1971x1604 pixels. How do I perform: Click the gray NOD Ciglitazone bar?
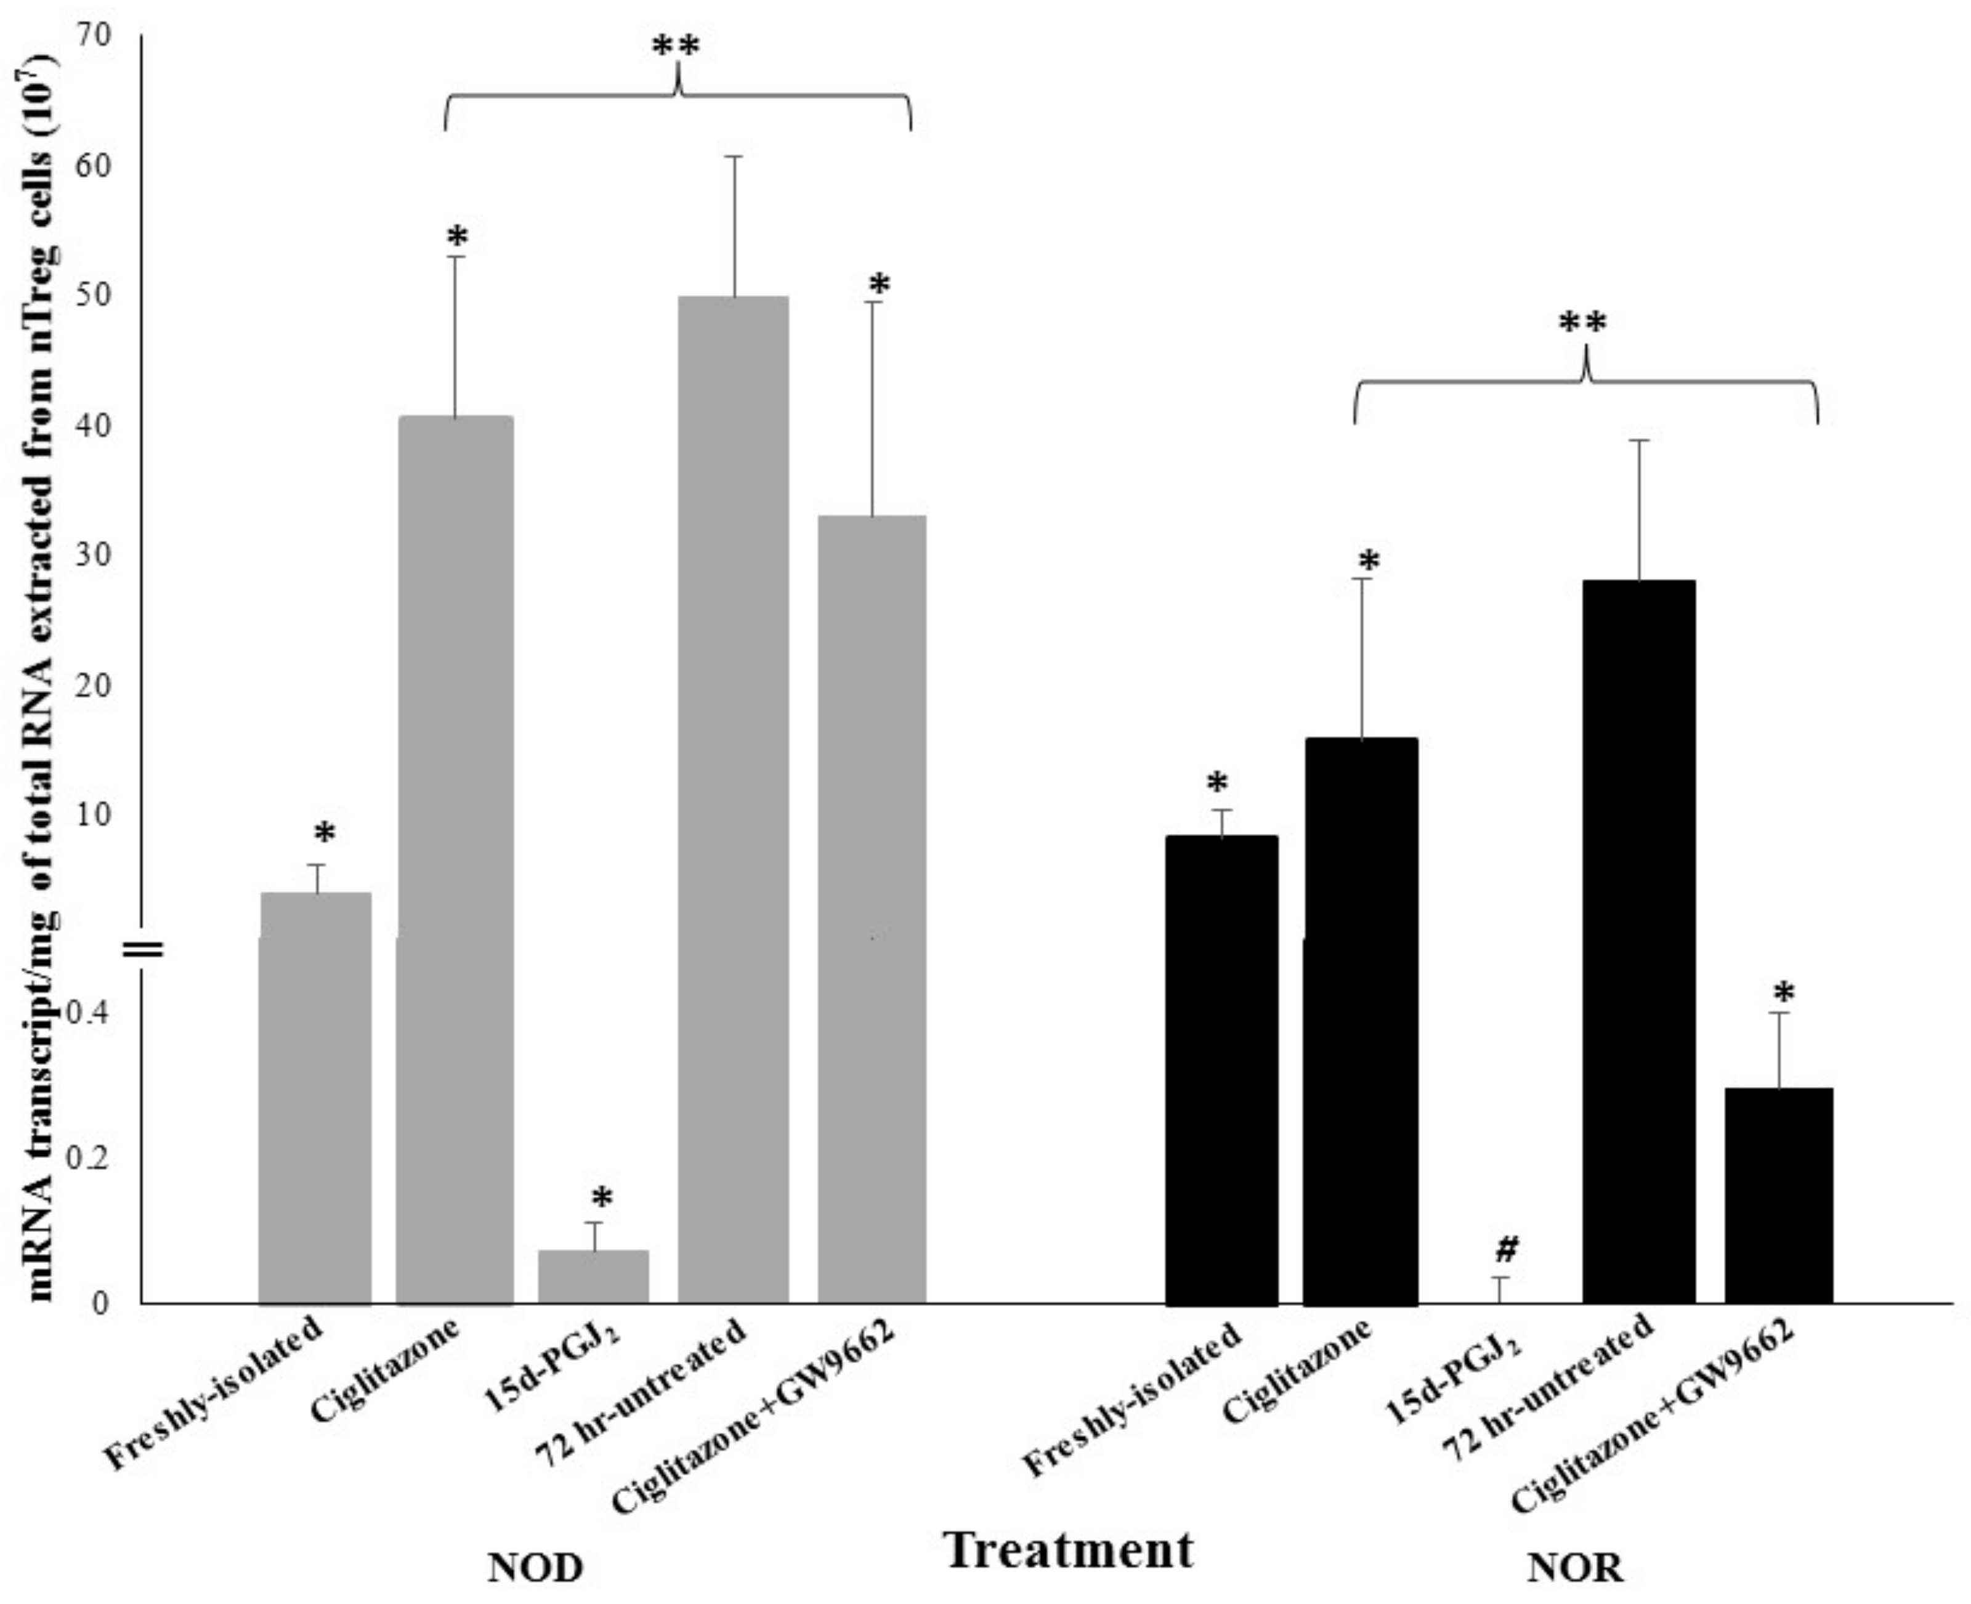455,859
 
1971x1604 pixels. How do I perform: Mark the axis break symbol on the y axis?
145,948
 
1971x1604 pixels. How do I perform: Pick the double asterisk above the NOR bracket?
1583,323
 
